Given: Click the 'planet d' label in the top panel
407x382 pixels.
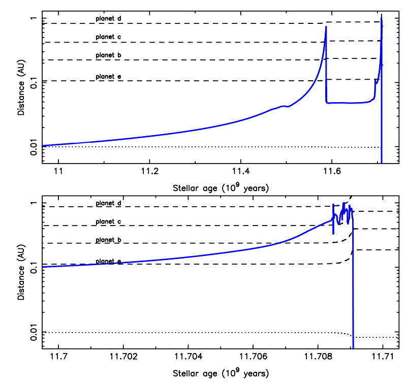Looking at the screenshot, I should tap(108, 19).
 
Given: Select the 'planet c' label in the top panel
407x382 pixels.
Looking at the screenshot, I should tap(108, 37).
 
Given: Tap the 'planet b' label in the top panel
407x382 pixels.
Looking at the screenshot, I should tap(108, 55).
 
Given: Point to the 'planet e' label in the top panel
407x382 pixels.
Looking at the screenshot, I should tap(108, 77).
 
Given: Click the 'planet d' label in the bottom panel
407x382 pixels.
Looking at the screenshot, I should tap(108, 204).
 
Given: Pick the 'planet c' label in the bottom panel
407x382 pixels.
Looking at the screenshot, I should tap(108, 222).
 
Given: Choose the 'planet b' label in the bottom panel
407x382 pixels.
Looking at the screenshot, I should tap(108, 240).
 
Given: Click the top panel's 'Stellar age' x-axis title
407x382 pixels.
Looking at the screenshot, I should tap(220, 187).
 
